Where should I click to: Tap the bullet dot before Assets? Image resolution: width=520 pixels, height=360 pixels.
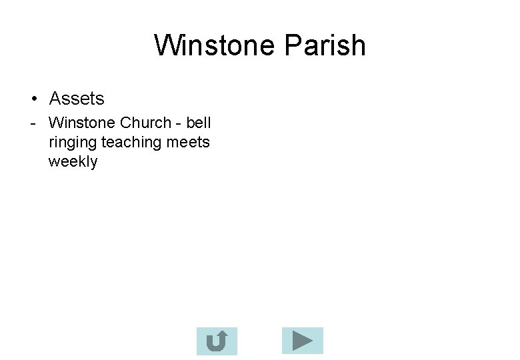33,99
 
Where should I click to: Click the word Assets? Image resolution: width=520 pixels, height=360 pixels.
77,99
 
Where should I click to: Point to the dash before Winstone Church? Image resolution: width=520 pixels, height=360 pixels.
33,123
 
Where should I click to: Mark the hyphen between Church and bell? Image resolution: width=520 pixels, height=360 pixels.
179,123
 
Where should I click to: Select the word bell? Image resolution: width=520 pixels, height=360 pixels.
199,123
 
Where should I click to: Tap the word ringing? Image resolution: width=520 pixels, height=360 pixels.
73,143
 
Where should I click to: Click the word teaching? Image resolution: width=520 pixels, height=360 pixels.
133,143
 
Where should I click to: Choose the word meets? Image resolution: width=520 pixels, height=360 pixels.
189,142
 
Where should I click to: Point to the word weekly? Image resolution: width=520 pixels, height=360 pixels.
73,161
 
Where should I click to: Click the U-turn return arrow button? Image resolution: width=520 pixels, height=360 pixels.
217,341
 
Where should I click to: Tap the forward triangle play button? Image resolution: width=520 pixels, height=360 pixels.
302,341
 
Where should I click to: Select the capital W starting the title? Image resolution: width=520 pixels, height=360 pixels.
167,45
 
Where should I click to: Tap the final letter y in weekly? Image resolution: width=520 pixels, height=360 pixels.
94,163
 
